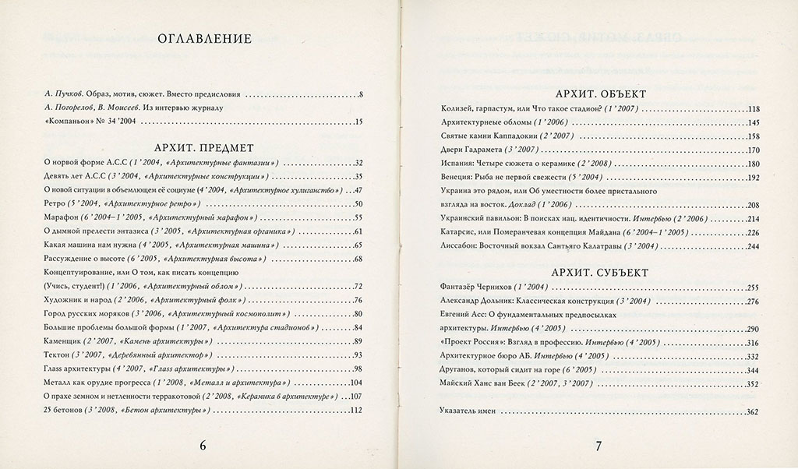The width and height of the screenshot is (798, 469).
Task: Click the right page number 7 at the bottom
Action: (598, 446)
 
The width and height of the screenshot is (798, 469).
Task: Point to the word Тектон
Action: (56, 355)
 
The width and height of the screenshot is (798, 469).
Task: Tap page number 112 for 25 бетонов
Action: (358, 411)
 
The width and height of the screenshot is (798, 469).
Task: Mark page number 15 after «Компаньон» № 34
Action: (359, 122)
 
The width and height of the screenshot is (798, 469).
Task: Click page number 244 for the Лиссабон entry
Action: (752, 246)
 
